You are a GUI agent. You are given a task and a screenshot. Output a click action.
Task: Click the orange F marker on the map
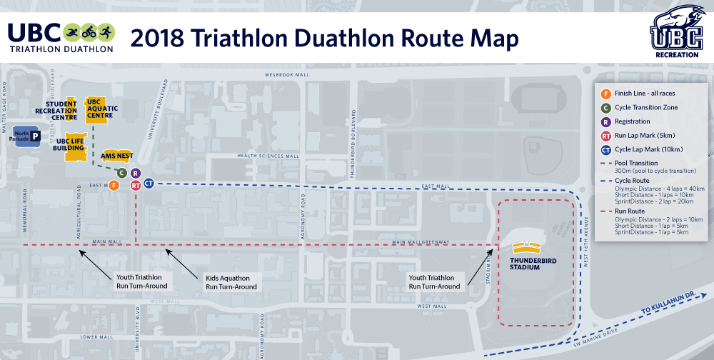point(114,186)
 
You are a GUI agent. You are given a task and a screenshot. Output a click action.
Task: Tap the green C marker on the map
point(121,173)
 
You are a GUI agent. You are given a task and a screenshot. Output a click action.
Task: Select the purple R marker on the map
point(136,173)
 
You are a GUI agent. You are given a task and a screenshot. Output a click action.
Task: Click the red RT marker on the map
point(136,185)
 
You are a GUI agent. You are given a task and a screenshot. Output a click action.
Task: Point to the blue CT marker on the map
point(149,184)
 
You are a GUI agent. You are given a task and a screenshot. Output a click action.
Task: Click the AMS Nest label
point(117,155)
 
